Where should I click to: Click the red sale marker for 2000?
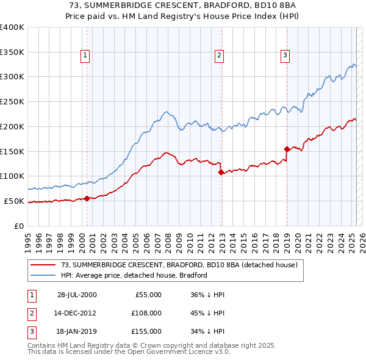[87, 198]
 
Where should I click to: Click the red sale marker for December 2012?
[221, 172]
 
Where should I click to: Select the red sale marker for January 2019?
[286, 148]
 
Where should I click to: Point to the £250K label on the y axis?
[12, 101]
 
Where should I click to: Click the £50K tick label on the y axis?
[14, 201]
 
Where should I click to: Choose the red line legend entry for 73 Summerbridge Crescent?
[179, 265]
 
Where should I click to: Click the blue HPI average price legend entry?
[134, 275]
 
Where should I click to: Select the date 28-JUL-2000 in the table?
[77, 295]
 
